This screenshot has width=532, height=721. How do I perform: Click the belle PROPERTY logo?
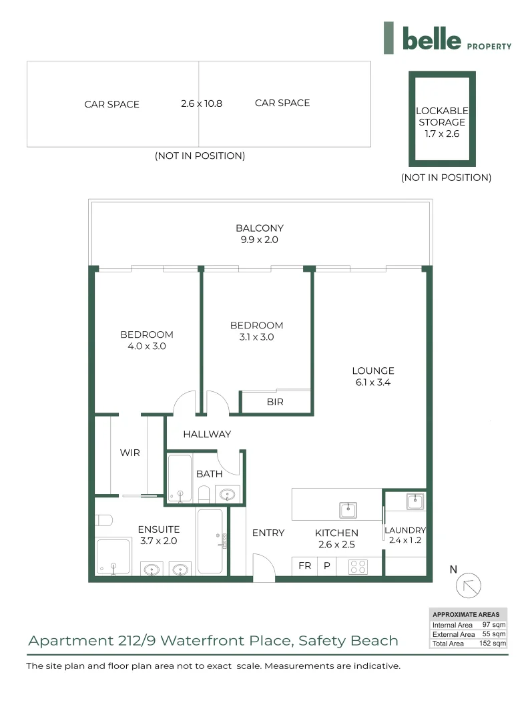pos(447,38)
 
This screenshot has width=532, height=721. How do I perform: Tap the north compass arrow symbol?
pos(468,585)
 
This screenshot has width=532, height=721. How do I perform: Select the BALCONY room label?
pos(260,228)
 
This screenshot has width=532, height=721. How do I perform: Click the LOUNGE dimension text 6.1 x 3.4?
pos(373,382)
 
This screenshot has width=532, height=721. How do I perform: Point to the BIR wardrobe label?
pos(275,402)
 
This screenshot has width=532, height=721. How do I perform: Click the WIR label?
pos(129,453)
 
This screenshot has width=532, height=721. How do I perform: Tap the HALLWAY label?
pos(207,434)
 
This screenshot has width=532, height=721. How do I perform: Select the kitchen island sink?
pos(348,510)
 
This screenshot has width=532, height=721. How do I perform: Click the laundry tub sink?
pos(415,501)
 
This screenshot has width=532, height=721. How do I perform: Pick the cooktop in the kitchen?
pos(358,567)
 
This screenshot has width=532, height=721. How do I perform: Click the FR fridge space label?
pos(304,565)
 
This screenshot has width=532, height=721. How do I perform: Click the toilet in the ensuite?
pos(103,520)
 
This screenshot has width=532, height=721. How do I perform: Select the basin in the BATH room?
pos(227,495)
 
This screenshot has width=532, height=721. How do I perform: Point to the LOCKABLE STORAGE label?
pos(442,116)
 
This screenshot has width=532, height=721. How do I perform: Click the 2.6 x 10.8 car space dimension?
pos(202,103)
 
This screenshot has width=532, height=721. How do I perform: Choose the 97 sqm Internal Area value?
pos(494,624)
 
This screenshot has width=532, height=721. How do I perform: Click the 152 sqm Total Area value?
pos(493,644)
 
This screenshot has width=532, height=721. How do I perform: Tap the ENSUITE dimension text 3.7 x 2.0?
pos(159,541)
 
